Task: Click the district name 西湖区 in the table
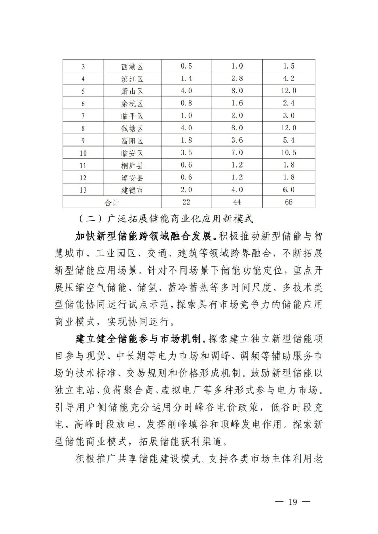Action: [132, 66]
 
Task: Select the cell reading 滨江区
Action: [132, 79]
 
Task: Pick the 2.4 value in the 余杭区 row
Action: [289, 104]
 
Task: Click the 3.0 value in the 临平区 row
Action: [289, 116]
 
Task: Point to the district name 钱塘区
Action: [132, 128]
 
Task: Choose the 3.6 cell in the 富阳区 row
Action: [237, 141]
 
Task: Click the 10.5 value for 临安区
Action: [289, 153]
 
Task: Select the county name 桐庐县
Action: [132, 165]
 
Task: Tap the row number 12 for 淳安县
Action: [83, 178]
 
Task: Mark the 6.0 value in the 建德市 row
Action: [289, 190]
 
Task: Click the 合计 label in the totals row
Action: [112, 202]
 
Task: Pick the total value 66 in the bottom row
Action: [289, 202]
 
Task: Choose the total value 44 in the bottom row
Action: [237, 202]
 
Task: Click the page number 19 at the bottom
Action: [293, 502]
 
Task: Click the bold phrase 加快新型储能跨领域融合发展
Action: [143, 236]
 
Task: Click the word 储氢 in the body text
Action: [147, 287]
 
